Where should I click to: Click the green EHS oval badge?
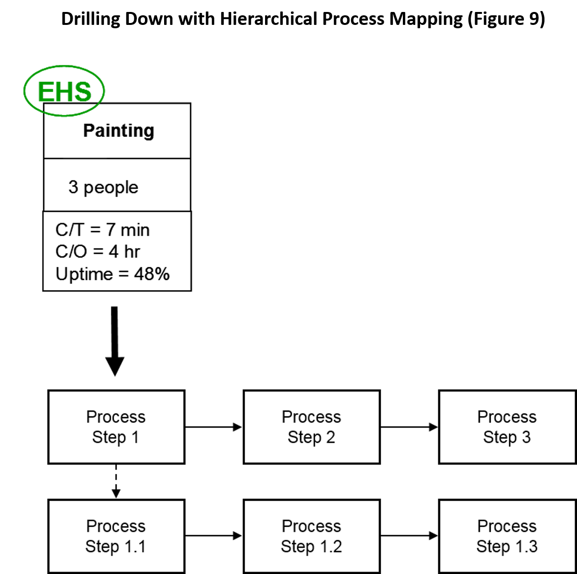64,91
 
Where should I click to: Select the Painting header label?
119,131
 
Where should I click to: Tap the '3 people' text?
103,187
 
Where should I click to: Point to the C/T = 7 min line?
102,230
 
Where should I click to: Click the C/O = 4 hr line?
98,252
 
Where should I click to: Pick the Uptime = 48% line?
112,274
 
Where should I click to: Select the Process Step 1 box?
116,427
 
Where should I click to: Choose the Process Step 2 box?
311,427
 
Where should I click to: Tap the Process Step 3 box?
507,427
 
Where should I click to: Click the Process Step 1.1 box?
116,536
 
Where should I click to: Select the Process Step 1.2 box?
311,536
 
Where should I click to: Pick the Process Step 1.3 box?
507,536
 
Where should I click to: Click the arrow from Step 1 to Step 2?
213,427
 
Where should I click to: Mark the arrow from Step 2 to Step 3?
409,427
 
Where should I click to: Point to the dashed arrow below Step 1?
116,481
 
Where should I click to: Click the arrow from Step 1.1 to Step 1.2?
213,536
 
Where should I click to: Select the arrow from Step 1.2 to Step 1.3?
409,536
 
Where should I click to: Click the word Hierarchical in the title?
268,19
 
